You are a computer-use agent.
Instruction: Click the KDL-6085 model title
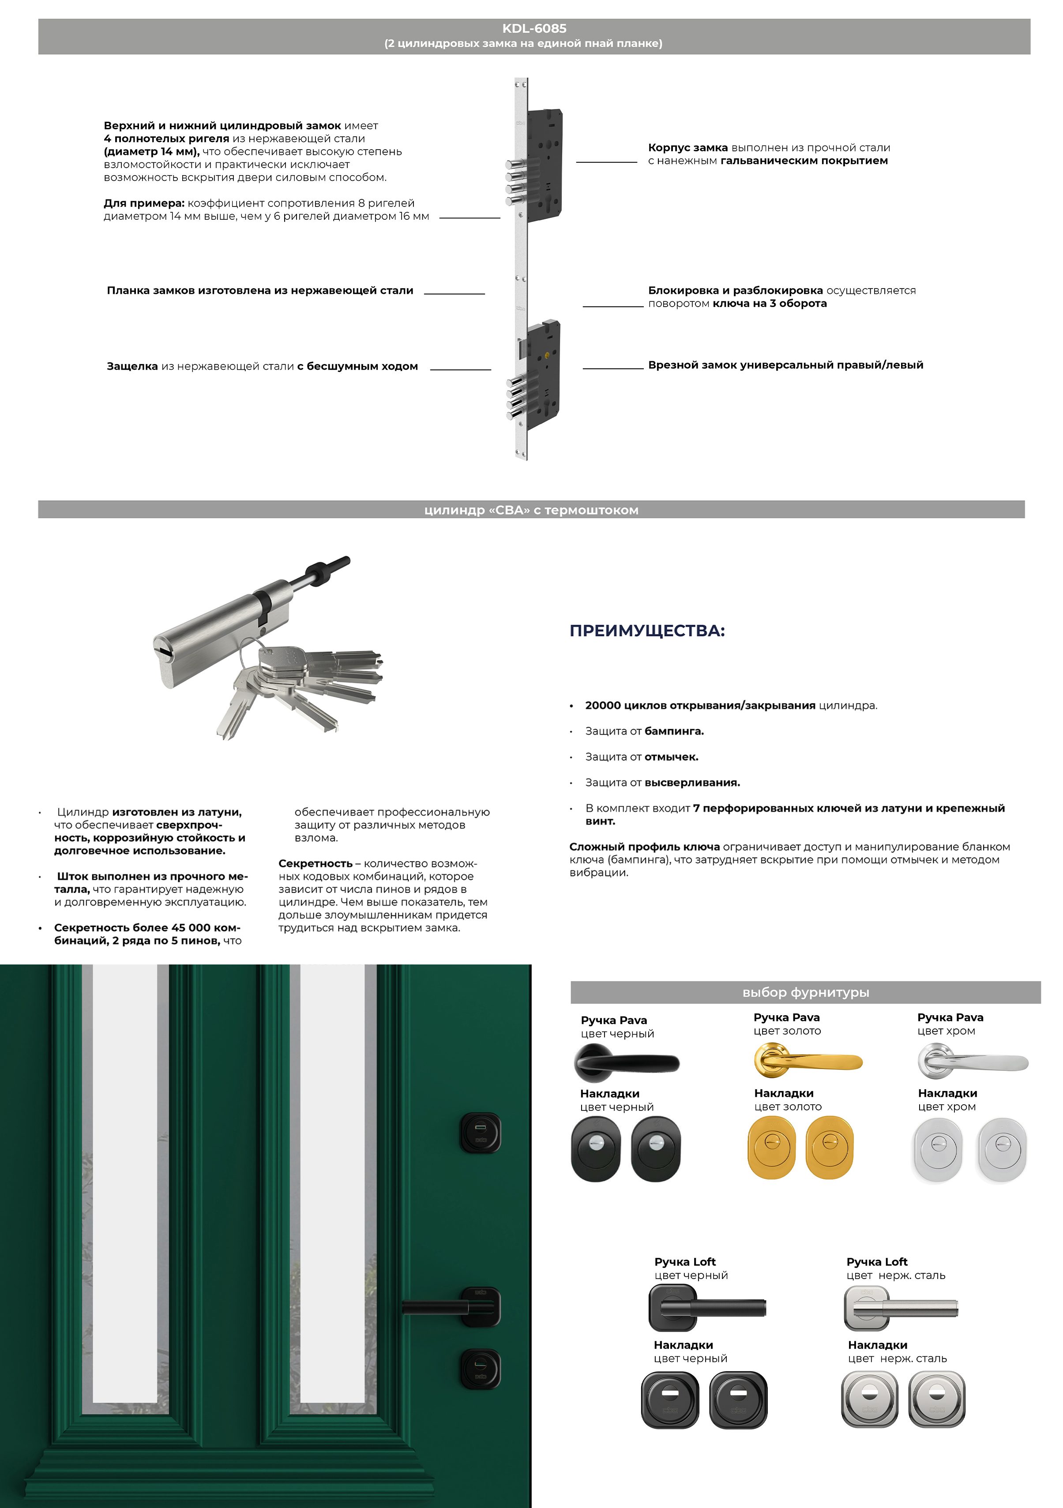[x=533, y=28]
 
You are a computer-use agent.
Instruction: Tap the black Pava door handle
[x=626, y=1062]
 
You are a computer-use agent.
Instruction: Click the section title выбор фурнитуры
[x=805, y=992]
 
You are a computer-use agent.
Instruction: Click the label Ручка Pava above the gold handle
[x=786, y=1017]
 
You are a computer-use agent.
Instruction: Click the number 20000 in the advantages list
[x=602, y=705]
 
